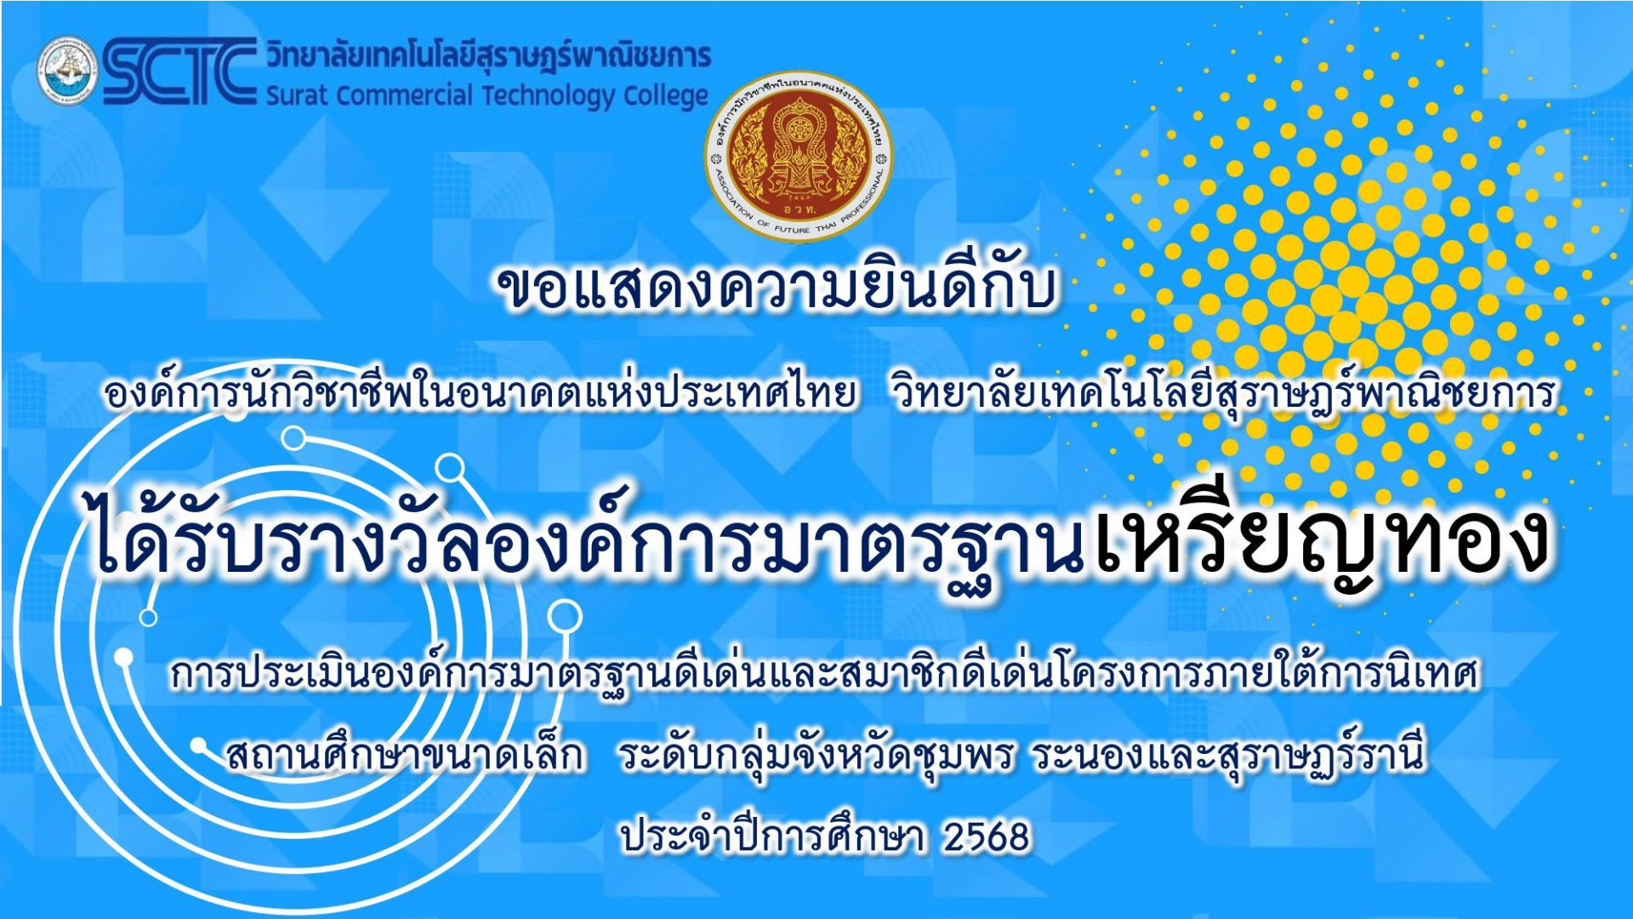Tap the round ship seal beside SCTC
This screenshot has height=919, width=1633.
click(x=66, y=70)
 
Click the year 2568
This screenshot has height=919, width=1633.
click(x=987, y=837)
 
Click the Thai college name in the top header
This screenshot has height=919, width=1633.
click(x=488, y=56)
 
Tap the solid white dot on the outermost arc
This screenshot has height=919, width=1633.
click(x=124, y=657)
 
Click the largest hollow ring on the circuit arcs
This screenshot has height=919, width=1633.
click(x=564, y=617)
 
